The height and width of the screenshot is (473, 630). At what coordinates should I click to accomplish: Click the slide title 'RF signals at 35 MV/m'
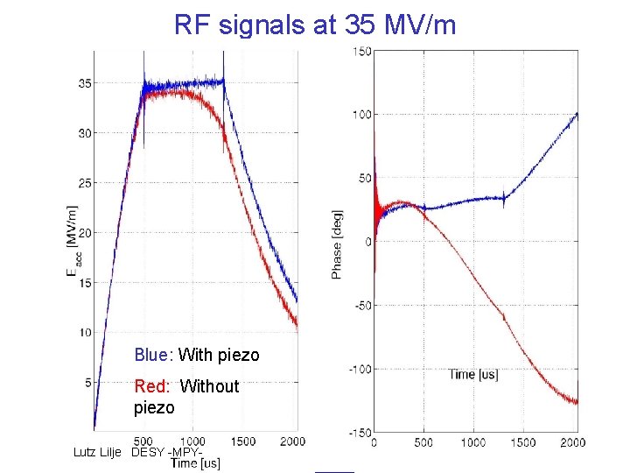(315, 25)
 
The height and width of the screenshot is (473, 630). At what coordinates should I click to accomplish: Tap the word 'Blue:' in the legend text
(154, 355)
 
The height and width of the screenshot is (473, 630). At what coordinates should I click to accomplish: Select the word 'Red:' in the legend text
(153, 386)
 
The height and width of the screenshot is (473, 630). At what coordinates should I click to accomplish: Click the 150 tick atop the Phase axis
(361, 51)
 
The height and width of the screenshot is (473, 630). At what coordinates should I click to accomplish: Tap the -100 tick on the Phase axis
(359, 369)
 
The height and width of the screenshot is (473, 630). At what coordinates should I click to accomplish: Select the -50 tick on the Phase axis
(361, 305)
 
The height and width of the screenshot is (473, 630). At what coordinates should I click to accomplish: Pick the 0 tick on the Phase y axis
(368, 242)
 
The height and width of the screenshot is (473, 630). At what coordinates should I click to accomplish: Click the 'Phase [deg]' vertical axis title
(337, 244)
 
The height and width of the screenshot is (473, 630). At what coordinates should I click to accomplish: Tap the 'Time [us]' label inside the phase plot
(473, 374)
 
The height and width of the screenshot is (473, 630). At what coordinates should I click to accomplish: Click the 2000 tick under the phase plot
(572, 443)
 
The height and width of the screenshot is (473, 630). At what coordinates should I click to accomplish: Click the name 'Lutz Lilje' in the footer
(99, 452)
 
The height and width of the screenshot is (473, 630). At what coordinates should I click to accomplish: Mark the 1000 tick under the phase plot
(473, 443)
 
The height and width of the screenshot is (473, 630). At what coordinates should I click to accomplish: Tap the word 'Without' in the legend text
(209, 386)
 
